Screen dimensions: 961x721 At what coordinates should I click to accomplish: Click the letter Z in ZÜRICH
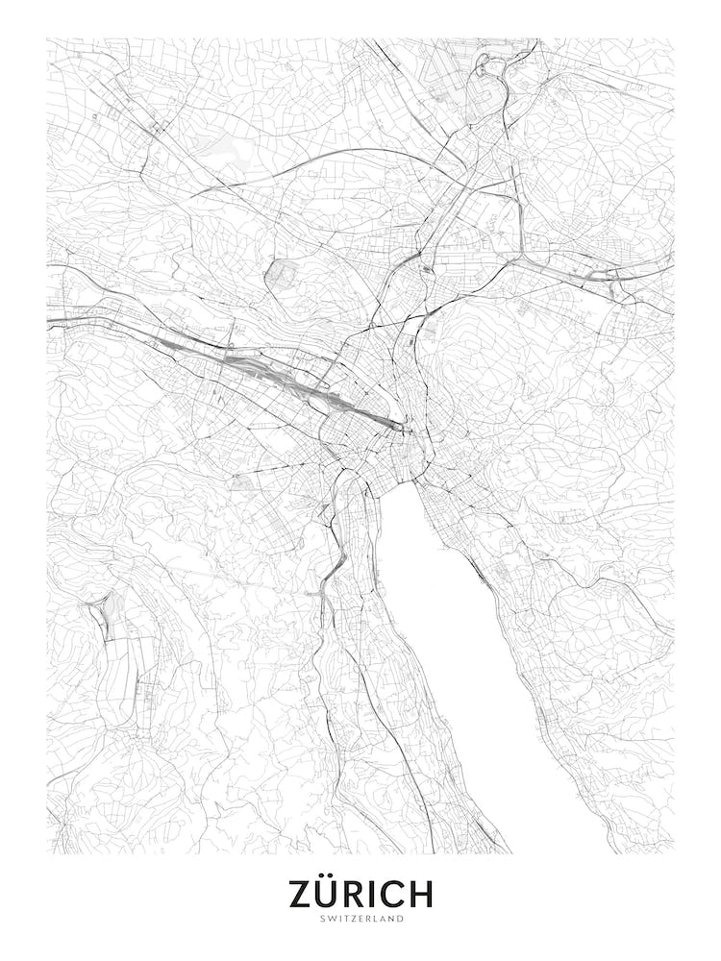tap(302, 894)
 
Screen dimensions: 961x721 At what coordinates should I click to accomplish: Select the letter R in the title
tap(358, 894)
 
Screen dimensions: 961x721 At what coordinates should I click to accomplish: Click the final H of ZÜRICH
tap(420, 894)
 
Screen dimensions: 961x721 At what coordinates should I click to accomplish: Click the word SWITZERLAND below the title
tap(360, 918)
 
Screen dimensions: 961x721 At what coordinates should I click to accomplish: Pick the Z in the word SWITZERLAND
tap(352, 918)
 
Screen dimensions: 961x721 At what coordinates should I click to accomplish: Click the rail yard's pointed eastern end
tap(402, 426)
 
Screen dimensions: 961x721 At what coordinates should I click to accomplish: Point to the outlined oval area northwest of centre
tap(281, 274)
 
